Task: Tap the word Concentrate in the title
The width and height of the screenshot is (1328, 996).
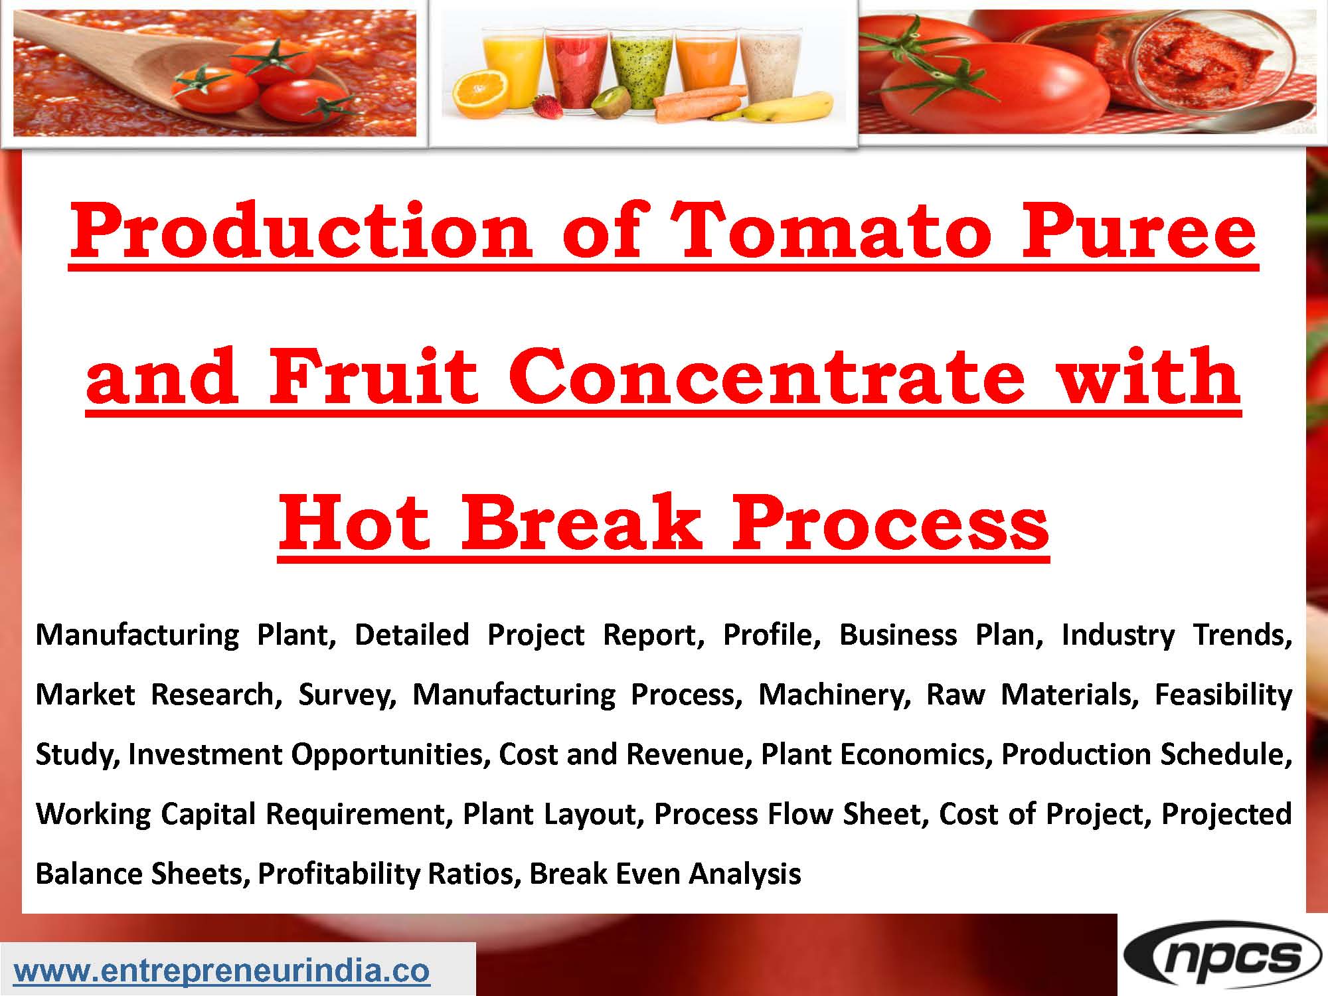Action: [765, 378]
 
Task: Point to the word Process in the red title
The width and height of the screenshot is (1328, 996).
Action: [889, 524]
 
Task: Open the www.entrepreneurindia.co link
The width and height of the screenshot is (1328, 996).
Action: [222, 971]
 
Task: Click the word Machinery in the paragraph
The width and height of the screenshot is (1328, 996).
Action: [834, 695]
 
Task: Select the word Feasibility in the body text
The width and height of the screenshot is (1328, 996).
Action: [1223, 695]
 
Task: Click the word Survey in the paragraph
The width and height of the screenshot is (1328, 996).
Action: [347, 695]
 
